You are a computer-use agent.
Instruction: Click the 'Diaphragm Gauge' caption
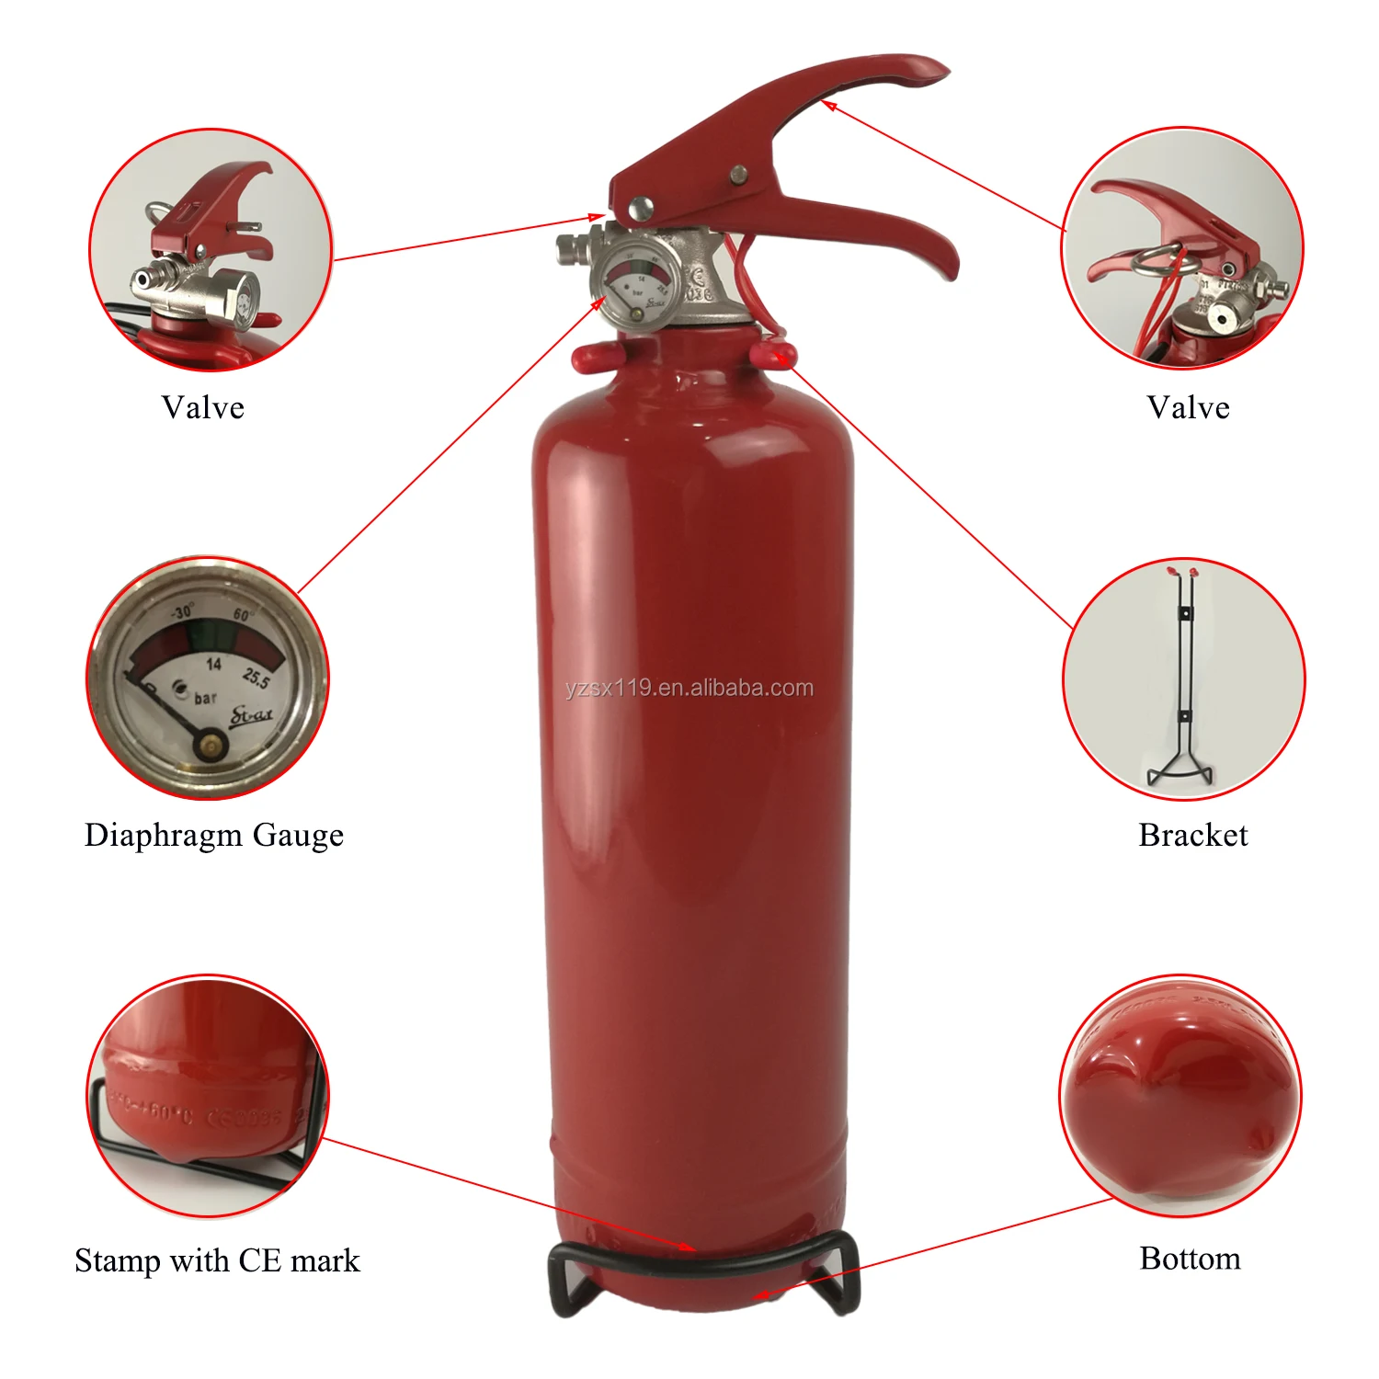pos(214,835)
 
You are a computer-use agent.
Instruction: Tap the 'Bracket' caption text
pos(1192,835)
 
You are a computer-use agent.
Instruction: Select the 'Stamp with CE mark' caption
pos(217,1259)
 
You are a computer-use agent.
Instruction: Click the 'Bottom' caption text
pos(1190,1258)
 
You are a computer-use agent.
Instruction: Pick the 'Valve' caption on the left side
pos(203,407)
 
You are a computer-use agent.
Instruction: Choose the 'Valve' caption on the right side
pos(1188,407)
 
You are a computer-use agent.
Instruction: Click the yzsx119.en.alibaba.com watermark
pos(689,688)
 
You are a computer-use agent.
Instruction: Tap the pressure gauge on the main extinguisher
pos(636,280)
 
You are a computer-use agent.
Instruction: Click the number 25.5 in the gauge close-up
pos(256,678)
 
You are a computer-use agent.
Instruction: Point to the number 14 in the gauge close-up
pos(213,664)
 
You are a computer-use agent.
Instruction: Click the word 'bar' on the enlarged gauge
pos(205,699)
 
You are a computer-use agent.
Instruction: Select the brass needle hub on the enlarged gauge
pos(211,745)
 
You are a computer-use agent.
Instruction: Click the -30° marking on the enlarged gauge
pos(182,612)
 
